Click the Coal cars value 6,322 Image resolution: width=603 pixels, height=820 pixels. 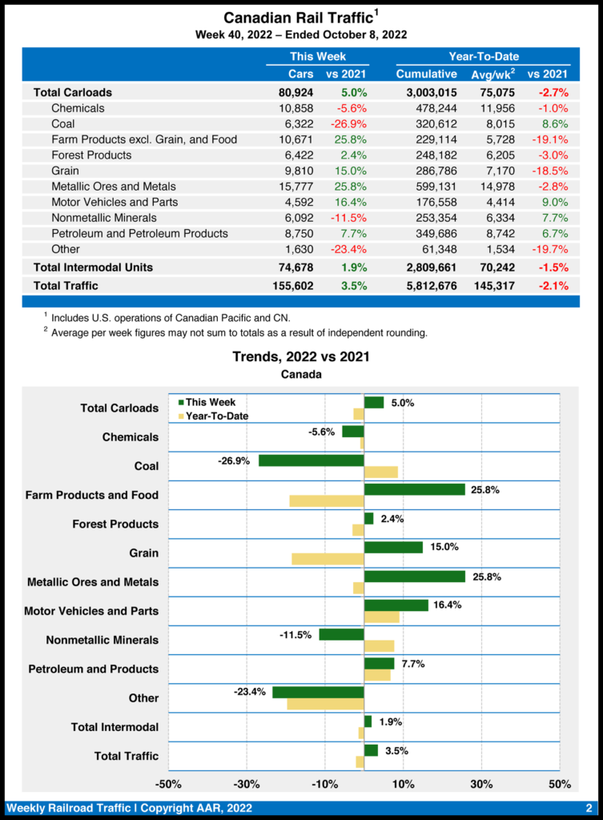point(297,124)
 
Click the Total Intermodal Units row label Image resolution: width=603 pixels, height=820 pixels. point(93,267)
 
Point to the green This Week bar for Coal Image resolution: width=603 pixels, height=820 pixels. point(311,460)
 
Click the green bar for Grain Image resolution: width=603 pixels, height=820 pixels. point(393,548)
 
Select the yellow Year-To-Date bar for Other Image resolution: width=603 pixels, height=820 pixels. point(325,704)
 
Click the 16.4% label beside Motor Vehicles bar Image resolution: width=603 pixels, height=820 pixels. point(447,605)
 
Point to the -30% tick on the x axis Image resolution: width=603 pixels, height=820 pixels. point(246,783)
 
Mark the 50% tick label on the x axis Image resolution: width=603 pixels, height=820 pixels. point(560,783)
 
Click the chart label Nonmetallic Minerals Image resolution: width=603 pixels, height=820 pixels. point(102,640)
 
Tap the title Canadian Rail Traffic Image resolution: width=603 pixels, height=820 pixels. point(297,18)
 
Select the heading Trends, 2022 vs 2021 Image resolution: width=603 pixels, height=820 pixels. point(301,356)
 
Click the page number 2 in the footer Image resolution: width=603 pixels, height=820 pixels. point(589,807)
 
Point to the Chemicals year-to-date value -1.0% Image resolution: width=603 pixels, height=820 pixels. point(553,108)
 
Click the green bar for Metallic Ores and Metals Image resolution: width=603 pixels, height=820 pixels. point(414,577)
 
